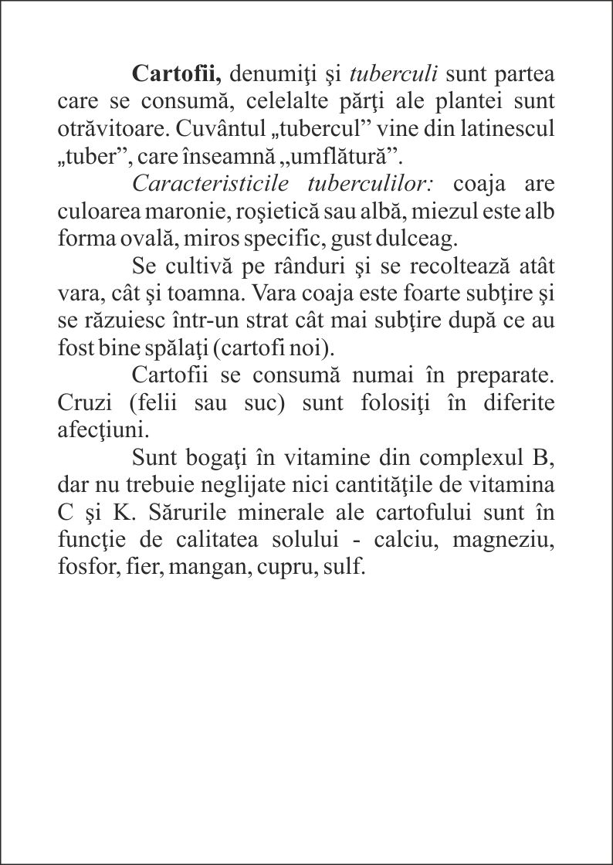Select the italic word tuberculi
tap(395, 74)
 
